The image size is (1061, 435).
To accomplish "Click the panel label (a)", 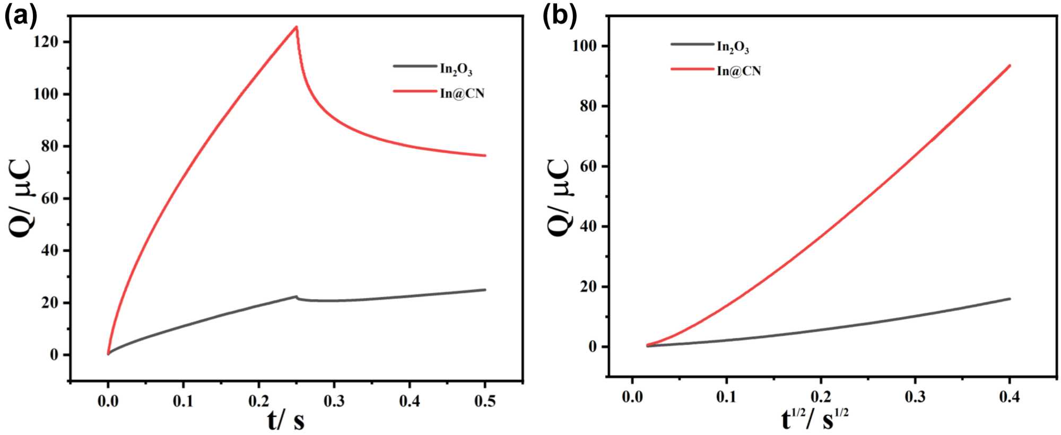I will pyautogui.click(x=21, y=16).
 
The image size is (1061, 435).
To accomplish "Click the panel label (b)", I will pyautogui.click(x=559, y=16).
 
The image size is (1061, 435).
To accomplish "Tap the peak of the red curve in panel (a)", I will pyautogui.click(x=296, y=27).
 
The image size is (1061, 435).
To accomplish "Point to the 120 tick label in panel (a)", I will pyautogui.click(x=46, y=42).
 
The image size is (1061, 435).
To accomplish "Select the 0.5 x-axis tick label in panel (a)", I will pyautogui.click(x=485, y=401).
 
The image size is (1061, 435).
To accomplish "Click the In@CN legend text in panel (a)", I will pyautogui.click(x=462, y=93).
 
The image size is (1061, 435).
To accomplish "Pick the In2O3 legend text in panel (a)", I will pyautogui.click(x=456, y=69).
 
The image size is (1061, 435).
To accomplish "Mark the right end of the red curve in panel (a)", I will pyautogui.click(x=485, y=156).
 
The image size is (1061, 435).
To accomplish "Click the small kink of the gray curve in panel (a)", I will pyautogui.click(x=297, y=297).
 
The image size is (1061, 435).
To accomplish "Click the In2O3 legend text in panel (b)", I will pyautogui.click(x=733, y=47).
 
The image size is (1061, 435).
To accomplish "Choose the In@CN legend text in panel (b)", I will pyautogui.click(x=738, y=71).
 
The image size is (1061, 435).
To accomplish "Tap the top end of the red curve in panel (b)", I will pyautogui.click(x=1009, y=65).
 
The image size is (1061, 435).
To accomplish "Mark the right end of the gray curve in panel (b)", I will pyautogui.click(x=1009, y=298).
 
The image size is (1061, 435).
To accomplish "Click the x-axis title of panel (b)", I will pyautogui.click(x=815, y=420).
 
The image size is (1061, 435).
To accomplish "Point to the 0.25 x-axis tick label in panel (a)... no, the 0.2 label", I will pyautogui.click(x=258, y=401).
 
